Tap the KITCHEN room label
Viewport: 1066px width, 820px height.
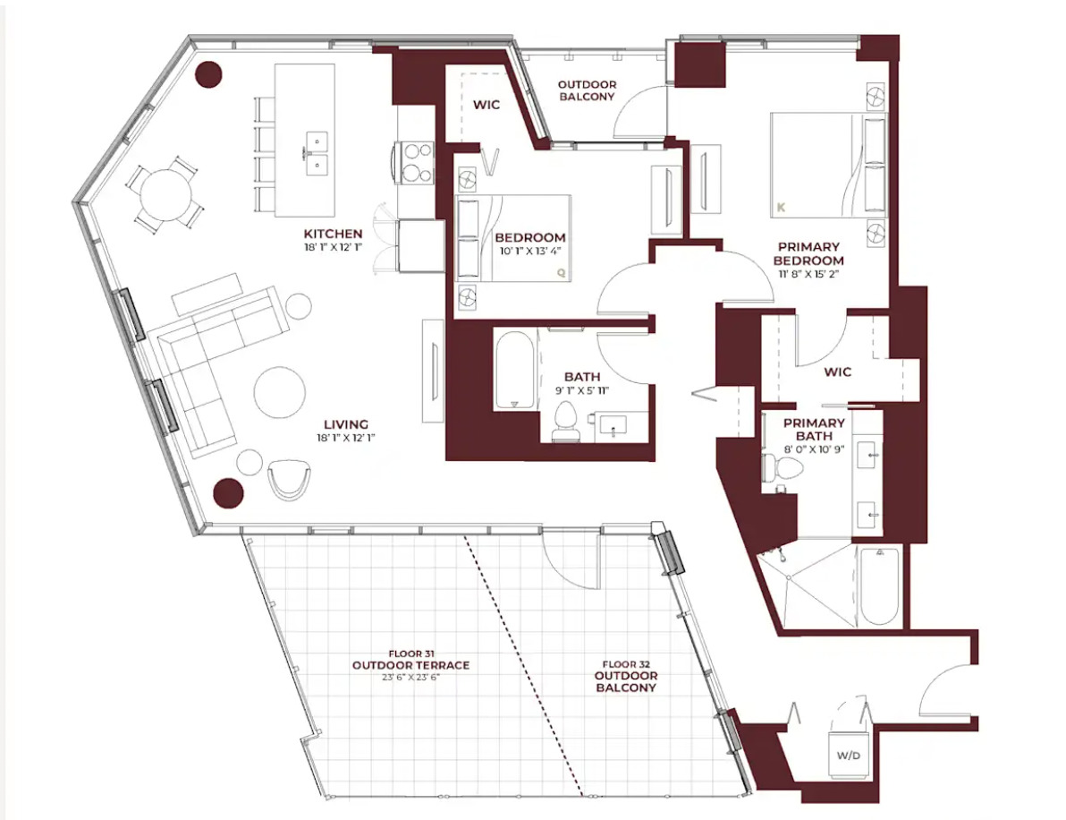(333, 234)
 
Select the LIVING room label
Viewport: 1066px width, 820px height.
(346, 424)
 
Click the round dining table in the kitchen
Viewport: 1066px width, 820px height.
(165, 192)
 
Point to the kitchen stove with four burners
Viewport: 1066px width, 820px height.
(415, 163)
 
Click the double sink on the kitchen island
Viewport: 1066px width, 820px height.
(315, 154)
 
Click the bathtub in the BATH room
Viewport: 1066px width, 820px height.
(514, 371)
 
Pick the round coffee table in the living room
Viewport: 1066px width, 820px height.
(279, 393)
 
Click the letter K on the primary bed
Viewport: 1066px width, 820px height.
(781, 207)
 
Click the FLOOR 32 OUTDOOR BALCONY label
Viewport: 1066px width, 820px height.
(625, 676)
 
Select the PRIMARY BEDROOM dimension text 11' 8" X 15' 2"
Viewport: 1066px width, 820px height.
(809, 274)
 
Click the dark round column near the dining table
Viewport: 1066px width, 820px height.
(208, 74)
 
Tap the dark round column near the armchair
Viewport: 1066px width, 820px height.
(228, 492)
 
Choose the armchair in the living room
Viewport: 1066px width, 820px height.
(289, 480)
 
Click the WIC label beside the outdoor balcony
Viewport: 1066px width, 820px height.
(486, 105)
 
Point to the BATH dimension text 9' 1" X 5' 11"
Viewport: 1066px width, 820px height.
(582, 390)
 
